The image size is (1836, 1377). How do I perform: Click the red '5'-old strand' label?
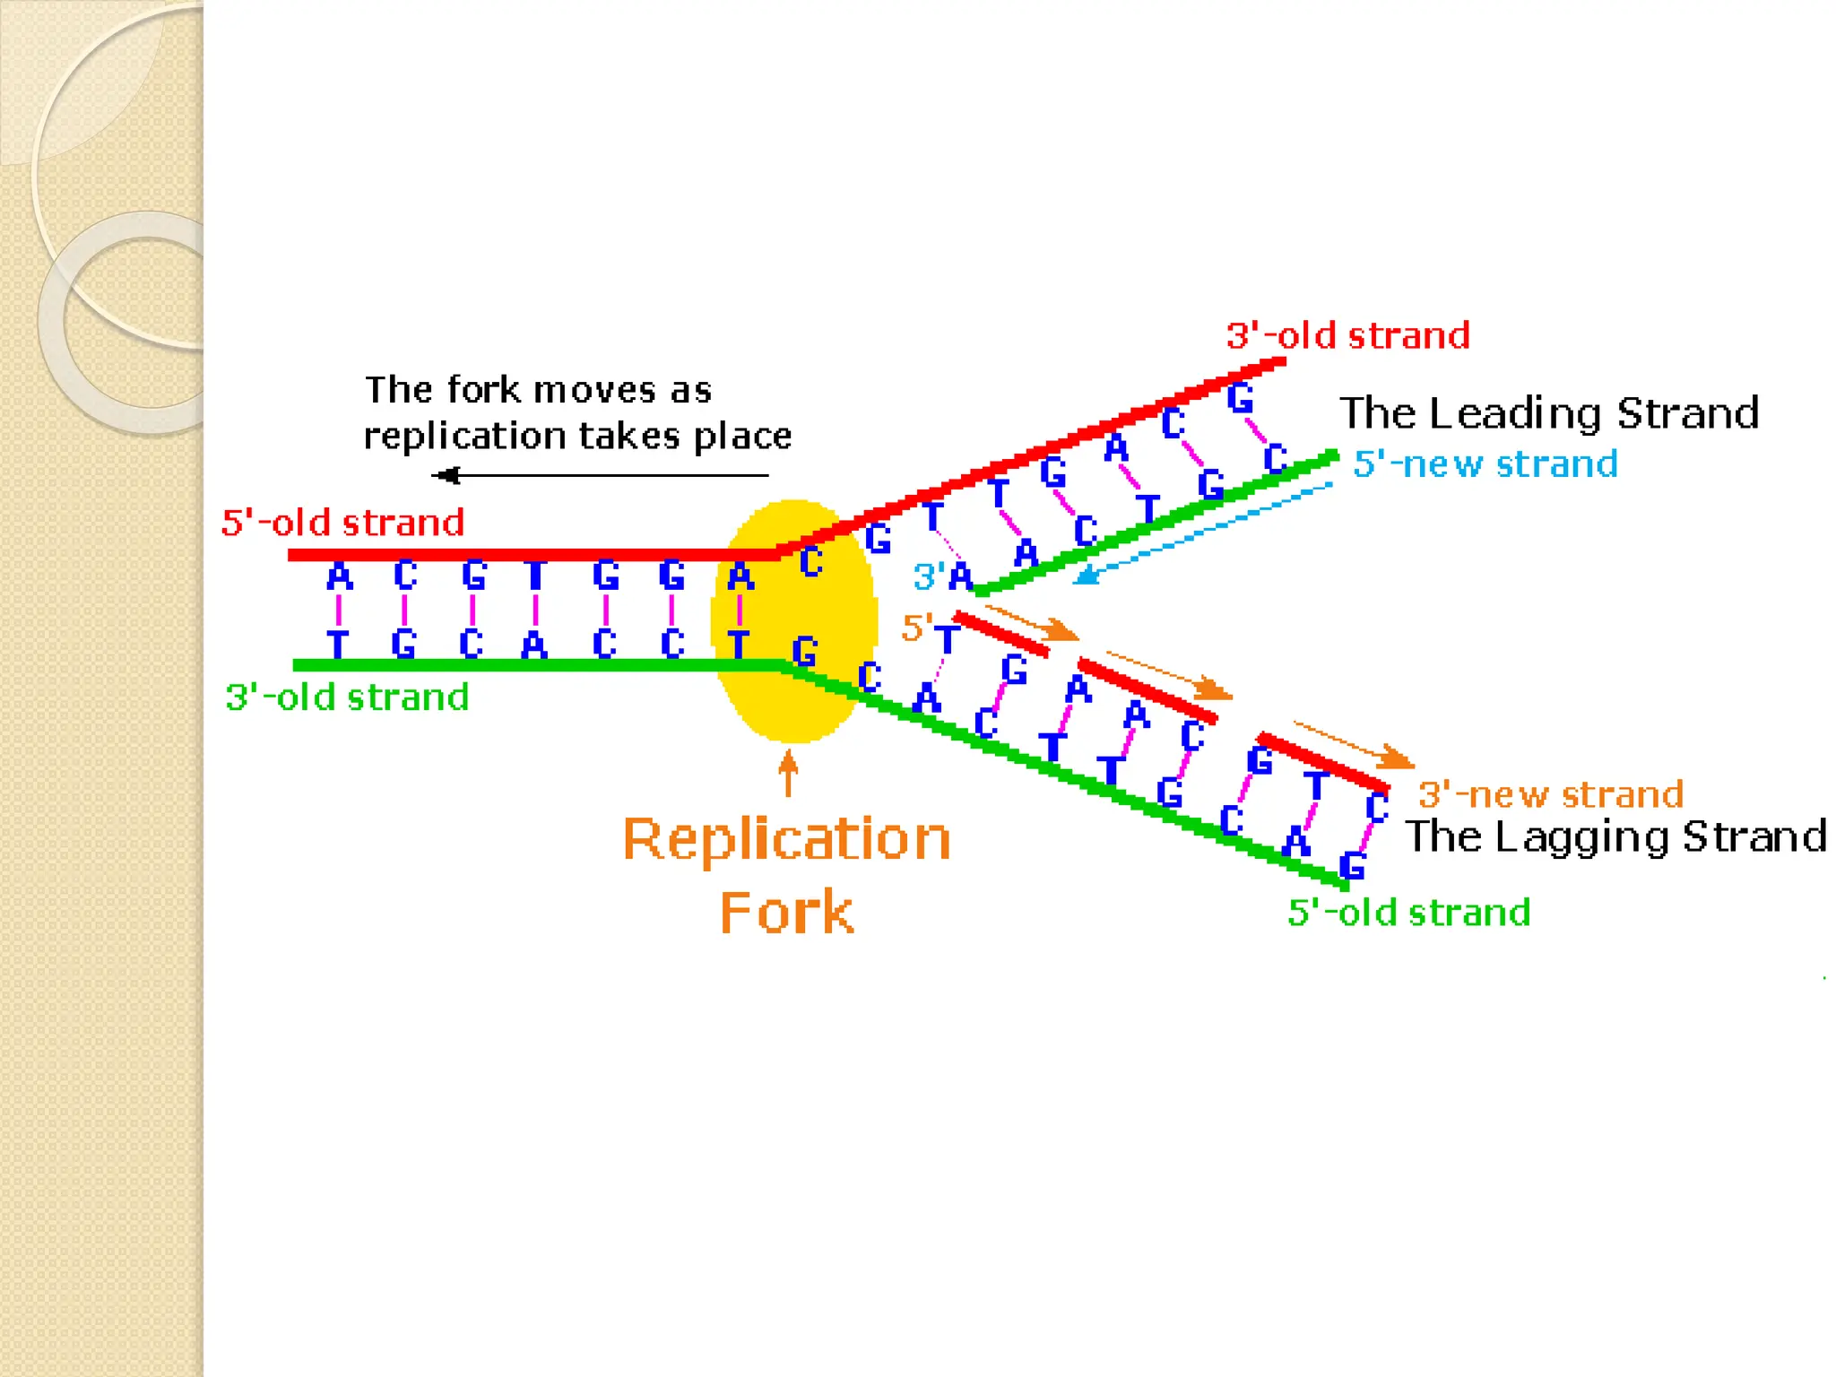pyautogui.click(x=342, y=523)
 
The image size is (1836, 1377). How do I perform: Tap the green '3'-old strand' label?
pyautogui.click(x=347, y=697)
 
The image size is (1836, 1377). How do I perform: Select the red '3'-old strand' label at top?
pyautogui.click(x=1347, y=336)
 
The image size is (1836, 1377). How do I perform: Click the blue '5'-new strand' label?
pyautogui.click(x=1485, y=464)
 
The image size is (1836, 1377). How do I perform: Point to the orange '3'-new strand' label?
pyautogui.click(x=1550, y=795)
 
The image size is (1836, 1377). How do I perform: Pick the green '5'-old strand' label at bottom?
pyautogui.click(x=1408, y=914)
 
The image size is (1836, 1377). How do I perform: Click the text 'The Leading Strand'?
pyautogui.click(x=1548, y=413)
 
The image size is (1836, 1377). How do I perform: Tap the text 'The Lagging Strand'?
pyautogui.click(x=1615, y=836)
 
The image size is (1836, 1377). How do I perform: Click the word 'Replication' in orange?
pyautogui.click(x=786, y=840)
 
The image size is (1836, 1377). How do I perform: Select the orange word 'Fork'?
pyautogui.click(x=786, y=914)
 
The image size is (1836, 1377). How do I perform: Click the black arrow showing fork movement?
pyautogui.click(x=599, y=475)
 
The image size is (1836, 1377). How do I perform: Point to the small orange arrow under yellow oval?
pyautogui.click(x=788, y=773)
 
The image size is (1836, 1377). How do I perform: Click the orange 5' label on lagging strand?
pyautogui.click(x=916, y=628)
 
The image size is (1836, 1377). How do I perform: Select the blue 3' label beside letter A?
pyautogui.click(x=928, y=576)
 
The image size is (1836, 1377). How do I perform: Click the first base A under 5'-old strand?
pyautogui.click(x=339, y=576)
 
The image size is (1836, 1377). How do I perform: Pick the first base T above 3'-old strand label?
pyautogui.click(x=337, y=644)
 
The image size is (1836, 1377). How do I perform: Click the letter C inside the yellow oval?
pyautogui.click(x=810, y=562)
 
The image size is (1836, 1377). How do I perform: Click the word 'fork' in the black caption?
pyautogui.click(x=483, y=391)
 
